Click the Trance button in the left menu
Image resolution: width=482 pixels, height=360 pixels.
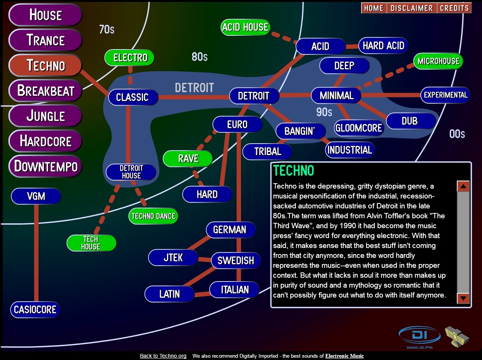45,40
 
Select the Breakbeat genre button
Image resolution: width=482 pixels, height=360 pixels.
45,91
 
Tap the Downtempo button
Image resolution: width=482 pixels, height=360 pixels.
45,166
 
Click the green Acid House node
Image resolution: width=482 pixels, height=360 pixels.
245,27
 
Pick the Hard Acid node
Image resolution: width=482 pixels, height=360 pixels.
383,46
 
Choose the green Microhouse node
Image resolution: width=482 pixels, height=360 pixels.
438,61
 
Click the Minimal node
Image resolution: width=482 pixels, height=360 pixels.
336,95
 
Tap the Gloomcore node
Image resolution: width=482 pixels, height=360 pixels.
358,128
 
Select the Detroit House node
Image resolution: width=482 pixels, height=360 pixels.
131,172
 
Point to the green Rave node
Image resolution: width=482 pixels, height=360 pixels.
188,158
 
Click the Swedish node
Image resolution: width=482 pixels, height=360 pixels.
236,261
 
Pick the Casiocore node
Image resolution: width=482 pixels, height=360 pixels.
35,309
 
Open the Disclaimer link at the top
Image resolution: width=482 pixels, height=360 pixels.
411,8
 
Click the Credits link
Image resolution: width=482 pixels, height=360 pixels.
454,8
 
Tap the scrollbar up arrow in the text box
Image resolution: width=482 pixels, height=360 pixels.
463,186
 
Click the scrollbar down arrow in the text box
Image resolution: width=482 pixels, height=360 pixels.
463,298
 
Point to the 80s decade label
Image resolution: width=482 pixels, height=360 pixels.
199,57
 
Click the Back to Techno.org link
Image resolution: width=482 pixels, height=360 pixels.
163,356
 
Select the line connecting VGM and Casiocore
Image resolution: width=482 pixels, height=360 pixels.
36,251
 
